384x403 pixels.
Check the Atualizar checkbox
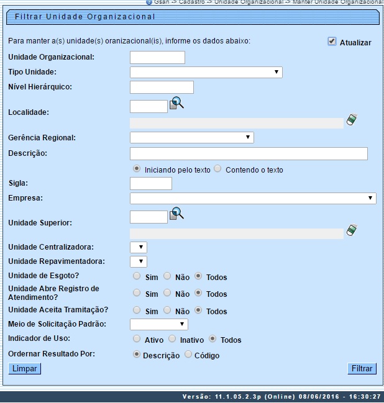[x=332, y=42]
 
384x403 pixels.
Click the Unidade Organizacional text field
[x=157, y=57]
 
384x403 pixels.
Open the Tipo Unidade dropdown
[x=206, y=73]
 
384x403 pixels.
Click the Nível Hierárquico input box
[x=162, y=87]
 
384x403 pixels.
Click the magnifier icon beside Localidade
[x=177, y=103]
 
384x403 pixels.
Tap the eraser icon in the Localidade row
[x=352, y=119]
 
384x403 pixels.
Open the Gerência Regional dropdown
[x=191, y=137]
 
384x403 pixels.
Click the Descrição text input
[x=249, y=153]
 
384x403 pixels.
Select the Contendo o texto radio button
[x=217, y=169]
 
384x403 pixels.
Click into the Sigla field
[x=150, y=183]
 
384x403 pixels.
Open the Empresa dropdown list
[x=253, y=198]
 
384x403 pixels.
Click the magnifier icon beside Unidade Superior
[x=177, y=214]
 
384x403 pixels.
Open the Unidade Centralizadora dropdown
[x=138, y=247]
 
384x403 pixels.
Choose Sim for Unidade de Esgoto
[x=137, y=276]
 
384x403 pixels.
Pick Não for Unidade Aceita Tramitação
[x=167, y=310]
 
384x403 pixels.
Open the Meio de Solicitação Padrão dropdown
[x=158, y=324]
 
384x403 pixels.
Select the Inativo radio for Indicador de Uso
[x=173, y=339]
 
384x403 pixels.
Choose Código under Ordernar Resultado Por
[x=189, y=355]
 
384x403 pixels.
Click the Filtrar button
[x=362, y=369]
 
